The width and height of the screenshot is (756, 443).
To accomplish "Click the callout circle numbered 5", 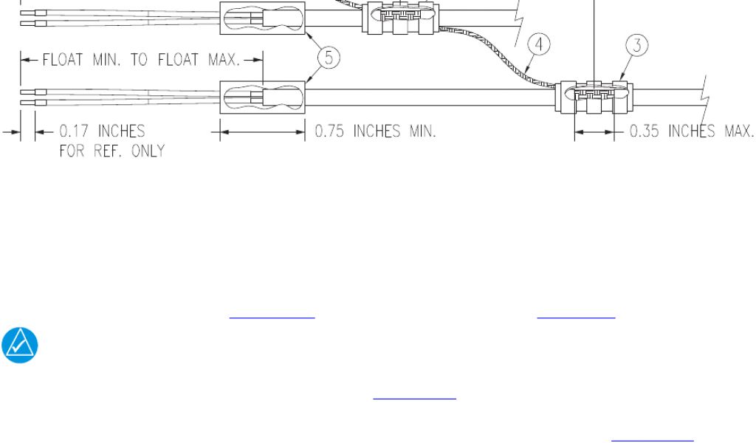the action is [x=329, y=58].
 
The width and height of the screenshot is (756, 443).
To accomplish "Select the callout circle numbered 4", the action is [x=539, y=44].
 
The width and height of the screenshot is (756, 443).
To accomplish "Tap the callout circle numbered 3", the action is [x=637, y=45].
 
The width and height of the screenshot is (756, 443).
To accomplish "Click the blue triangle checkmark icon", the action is [x=20, y=345].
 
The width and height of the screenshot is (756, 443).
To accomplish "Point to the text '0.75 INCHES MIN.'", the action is [x=376, y=131].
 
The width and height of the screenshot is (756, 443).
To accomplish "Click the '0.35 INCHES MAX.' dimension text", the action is [x=692, y=131].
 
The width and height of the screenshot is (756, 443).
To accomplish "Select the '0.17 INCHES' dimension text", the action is [x=102, y=131].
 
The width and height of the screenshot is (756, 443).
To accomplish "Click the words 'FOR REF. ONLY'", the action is [x=112, y=151].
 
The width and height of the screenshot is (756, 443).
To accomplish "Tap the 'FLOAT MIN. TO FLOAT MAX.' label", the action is [x=141, y=60].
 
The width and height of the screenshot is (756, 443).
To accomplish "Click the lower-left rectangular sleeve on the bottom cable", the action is [x=262, y=97].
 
